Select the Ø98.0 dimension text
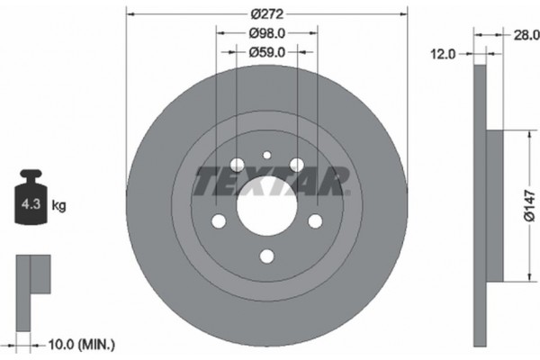tap(266, 34)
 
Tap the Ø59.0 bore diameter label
tap(266, 53)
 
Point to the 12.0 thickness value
tap(444, 53)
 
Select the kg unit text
tap(58, 206)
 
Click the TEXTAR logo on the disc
tap(267, 181)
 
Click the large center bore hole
tap(266, 206)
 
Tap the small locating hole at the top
tap(266, 155)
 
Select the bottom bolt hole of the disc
tap(266, 256)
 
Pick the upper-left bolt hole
tap(237, 165)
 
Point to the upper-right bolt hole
tap(296, 164)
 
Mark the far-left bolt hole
tap(218, 221)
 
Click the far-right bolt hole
tap(315, 221)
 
